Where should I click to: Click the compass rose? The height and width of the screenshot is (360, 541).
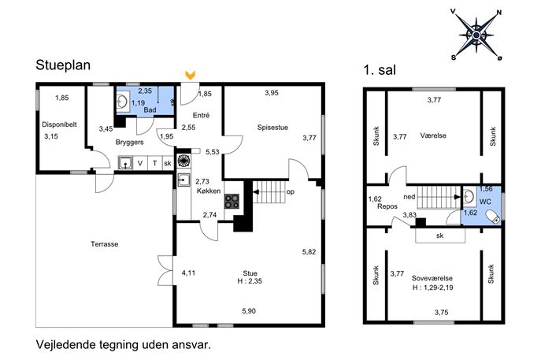pos(476,35)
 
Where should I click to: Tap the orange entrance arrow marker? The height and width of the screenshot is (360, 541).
pos(190,75)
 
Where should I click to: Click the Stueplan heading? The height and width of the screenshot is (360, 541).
pos(63,65)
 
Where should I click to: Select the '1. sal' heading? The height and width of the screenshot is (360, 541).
pos(380,70)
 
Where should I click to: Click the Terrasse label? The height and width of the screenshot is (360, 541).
pos(104,244)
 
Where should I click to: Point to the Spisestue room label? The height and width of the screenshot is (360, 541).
pos(272,128)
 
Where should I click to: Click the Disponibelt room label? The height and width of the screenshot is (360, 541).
pos(59,124)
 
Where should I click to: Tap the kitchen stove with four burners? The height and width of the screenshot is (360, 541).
pos(232,201)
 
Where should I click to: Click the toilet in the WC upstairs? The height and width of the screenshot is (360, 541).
pos(493,217)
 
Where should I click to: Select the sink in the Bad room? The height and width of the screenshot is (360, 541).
pos(122,102)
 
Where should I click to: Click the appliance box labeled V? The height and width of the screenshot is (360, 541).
pos(140,163)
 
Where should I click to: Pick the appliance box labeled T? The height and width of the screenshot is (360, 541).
pos(155,163)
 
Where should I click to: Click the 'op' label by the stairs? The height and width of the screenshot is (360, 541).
pos(291,192)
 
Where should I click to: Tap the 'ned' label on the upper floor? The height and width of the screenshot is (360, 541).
pos(409,197)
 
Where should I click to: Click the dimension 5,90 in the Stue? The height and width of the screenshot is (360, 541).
pos(249,311)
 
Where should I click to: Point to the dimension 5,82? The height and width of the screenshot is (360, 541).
pos(309,252)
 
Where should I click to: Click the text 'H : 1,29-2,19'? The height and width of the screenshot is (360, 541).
pos(432,288)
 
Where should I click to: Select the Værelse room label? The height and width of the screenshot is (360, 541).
pos(433,135)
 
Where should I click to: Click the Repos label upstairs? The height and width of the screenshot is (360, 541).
pos(387,206)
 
